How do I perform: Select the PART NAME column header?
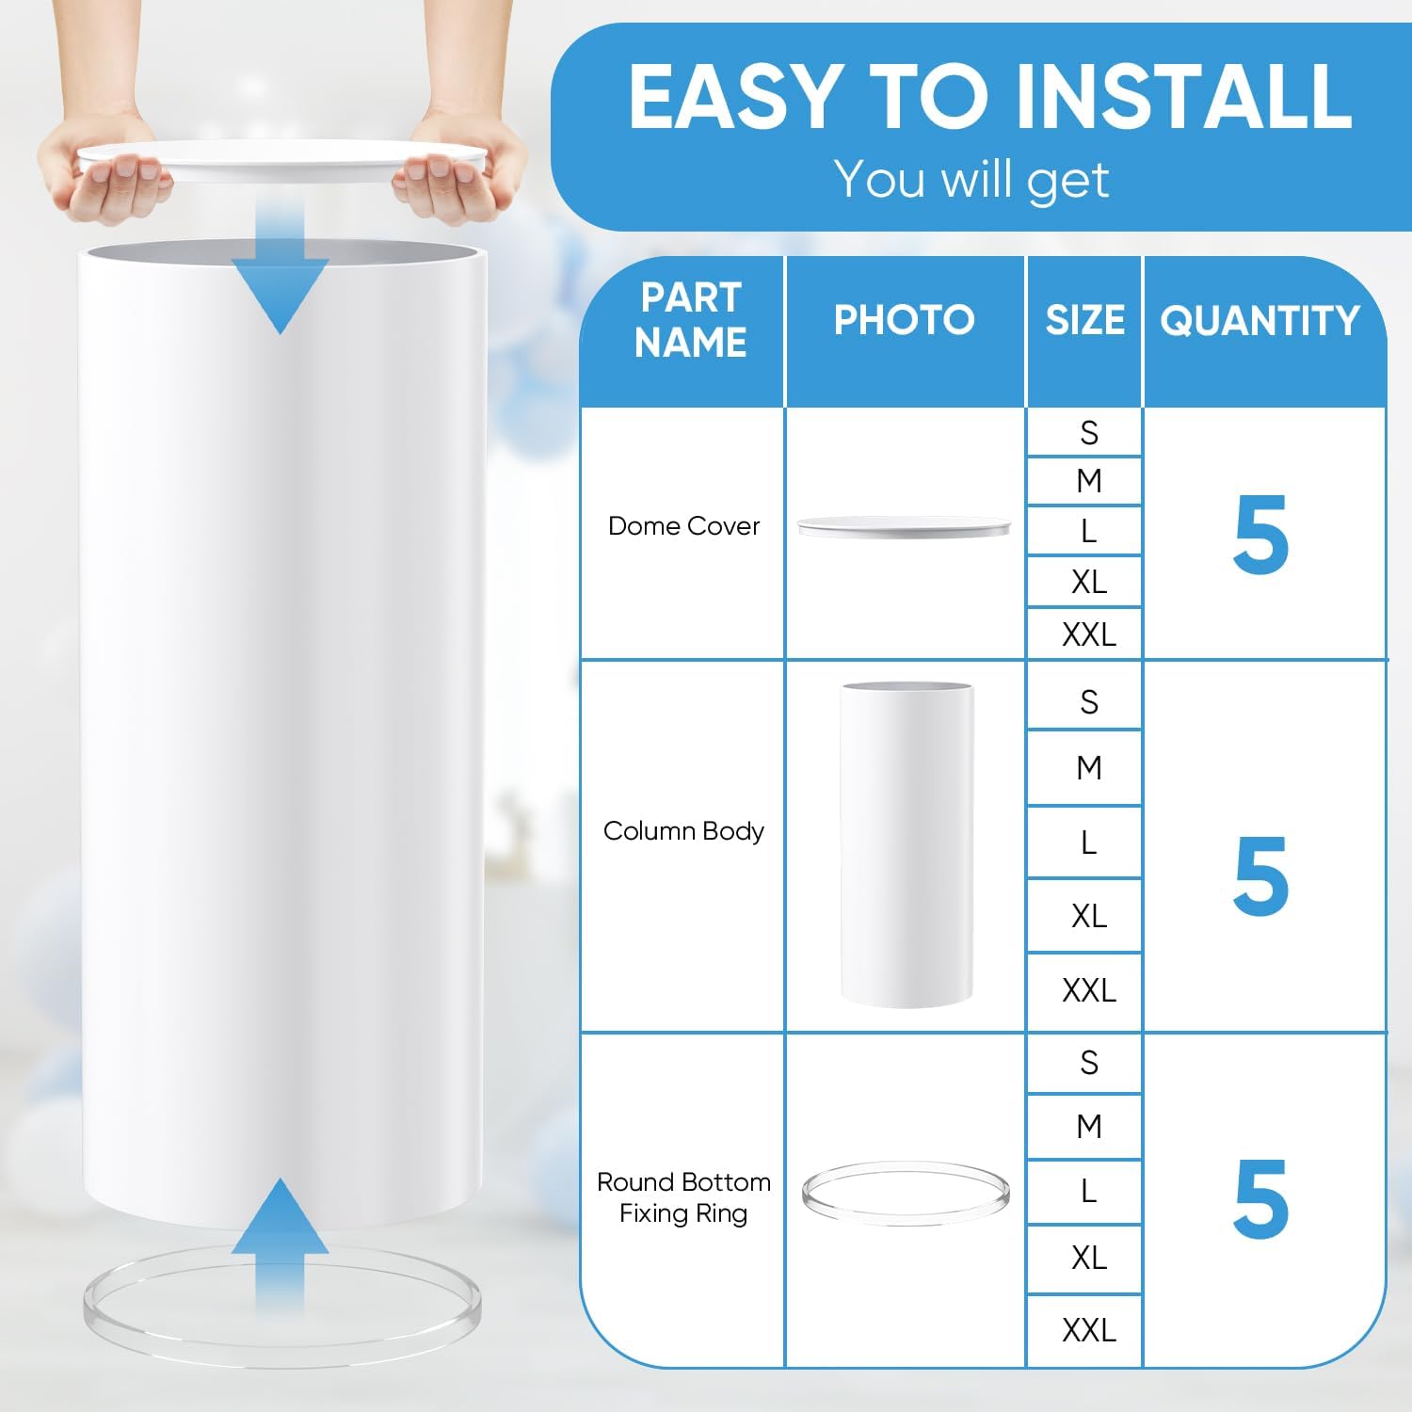coord(690,320)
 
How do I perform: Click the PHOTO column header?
coord(904,320)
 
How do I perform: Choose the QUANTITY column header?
coord(1260,320)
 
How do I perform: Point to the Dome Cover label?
coord(683,526)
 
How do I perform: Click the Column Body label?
coord(683,831)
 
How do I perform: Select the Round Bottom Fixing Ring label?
coord(683,1197)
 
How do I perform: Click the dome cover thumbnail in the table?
coord(904,527)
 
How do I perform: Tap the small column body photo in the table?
coord(906,844)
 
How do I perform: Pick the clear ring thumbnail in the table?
coord(906,1193)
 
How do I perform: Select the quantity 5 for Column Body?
coord(1260,876)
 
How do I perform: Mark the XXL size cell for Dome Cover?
coord(1088,634)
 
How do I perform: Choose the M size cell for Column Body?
coord(1088,768)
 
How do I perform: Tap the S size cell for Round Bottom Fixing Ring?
coord(1088,1063)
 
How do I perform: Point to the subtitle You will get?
coord(971,179)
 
